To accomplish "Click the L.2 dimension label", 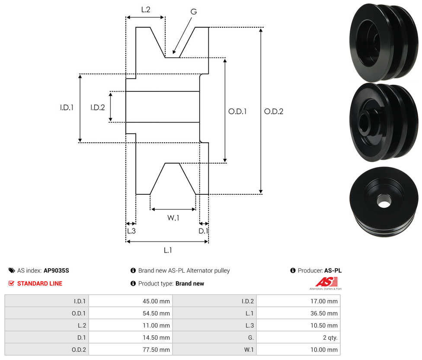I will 145,9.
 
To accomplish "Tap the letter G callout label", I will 193,12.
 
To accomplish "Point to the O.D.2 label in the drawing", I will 274,111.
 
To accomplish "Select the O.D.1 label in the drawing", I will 237,111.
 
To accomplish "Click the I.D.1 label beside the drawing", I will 67,108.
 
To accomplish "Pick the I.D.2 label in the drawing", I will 98,108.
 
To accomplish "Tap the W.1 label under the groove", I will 173,218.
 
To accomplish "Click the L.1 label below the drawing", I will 168,250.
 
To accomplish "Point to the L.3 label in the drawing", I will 131,231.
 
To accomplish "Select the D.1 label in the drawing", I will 203,231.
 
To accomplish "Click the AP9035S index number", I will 56,270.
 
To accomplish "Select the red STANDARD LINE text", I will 40,283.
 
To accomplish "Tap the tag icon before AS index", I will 12,270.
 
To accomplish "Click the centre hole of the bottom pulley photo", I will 384,201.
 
